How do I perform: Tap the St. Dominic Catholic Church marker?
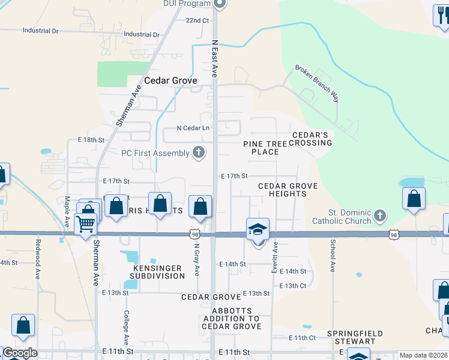pyautogui.click(x=379, y=215)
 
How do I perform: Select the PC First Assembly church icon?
pyautogui.click(x=199, y=153)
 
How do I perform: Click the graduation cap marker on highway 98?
pyautogui.click(x=258, y=230)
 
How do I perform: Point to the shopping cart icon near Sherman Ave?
pyautogui.click(x=86, y=224)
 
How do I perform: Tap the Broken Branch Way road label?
pyautogui.click(x=316, y=83)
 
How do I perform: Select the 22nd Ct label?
pyautogui.click(x=197, y=20)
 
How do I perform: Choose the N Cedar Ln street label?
pyautogui.click(x=193, y=128)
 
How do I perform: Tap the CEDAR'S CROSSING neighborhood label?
pyautogui.click(x=312, y=139)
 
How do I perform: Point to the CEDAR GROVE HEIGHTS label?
pyautogui.click(x=288, y=190)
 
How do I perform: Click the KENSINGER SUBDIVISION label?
pyautogui.click(x=156, y=272)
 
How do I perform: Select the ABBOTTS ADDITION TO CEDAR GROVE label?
pyautogui.click(x=232, y=319)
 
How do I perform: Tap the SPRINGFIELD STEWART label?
pyautogui.click(x=351, y=337)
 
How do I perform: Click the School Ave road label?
pyautogui.click(x=332, y=256)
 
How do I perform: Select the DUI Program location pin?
pyautogui.click(x=219, y=4)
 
